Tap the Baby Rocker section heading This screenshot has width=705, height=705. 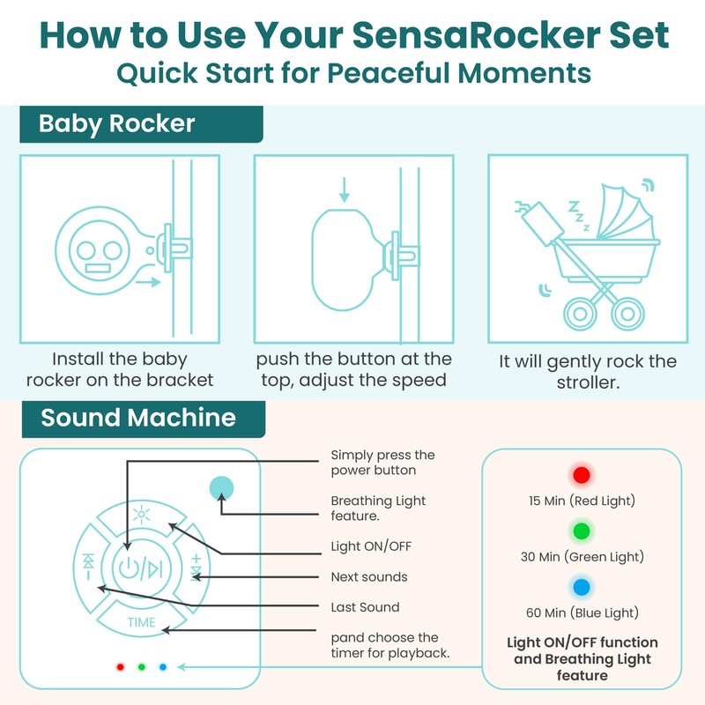(116, 123)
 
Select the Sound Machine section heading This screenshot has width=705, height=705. (138, 417)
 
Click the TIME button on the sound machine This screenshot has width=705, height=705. (141, 622)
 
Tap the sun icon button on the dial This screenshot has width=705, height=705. (141, 517)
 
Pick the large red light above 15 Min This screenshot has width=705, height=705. (580, 476)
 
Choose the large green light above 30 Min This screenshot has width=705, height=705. (580, 531)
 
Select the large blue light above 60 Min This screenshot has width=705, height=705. (580, 587)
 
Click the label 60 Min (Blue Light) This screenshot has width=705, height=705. (580, 612)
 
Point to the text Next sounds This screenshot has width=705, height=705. (369, 577)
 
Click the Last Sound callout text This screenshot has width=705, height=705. (365, 607)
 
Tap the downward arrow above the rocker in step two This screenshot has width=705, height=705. (345, 188)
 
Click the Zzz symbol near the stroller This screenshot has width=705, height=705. (579, 215)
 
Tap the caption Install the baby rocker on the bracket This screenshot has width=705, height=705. (120, 370)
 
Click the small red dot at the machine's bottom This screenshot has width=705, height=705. (120, 666)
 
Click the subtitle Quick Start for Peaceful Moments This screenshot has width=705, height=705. (352, 72)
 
